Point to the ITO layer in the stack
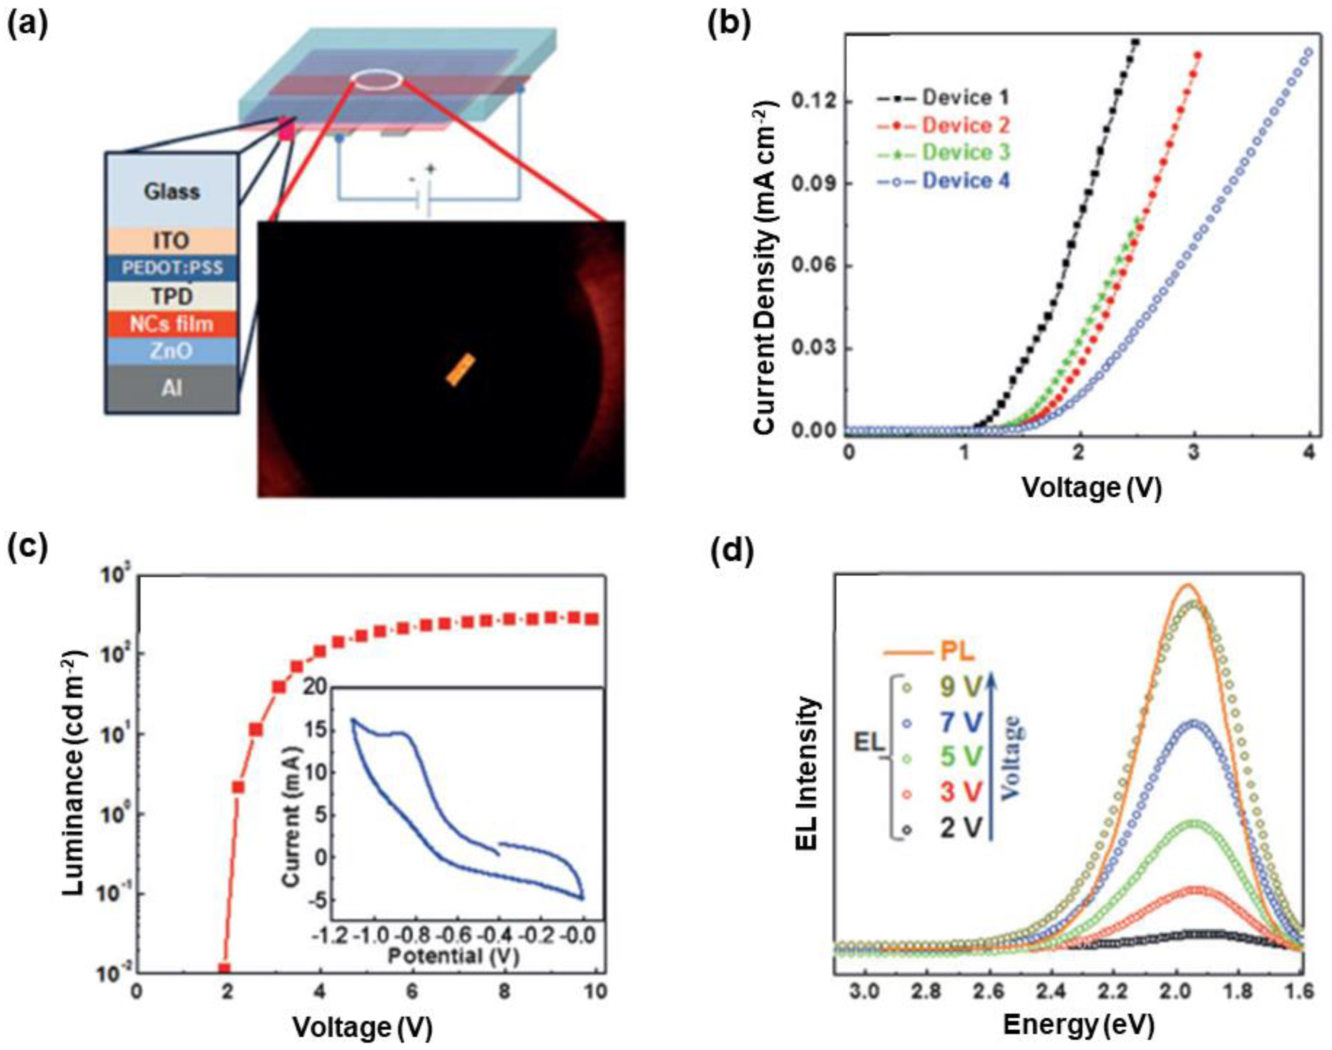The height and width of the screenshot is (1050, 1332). [x=171, y=240]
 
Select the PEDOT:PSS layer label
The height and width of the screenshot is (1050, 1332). [x=171, y=268]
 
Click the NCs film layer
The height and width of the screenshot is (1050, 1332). [x=171, y=323]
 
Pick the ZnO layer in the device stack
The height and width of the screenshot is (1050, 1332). [x=171, y=351]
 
